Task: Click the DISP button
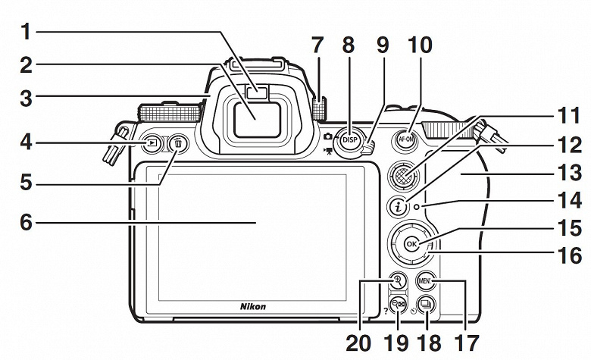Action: pos(349,139)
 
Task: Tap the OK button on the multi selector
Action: pos(411,244)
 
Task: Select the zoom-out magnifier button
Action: pos(397,305)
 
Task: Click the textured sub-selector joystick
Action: pos(405,177)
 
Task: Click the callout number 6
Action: pos(27,223)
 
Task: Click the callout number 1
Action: pos(27,32)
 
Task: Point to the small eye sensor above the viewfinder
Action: pos(261,94)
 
